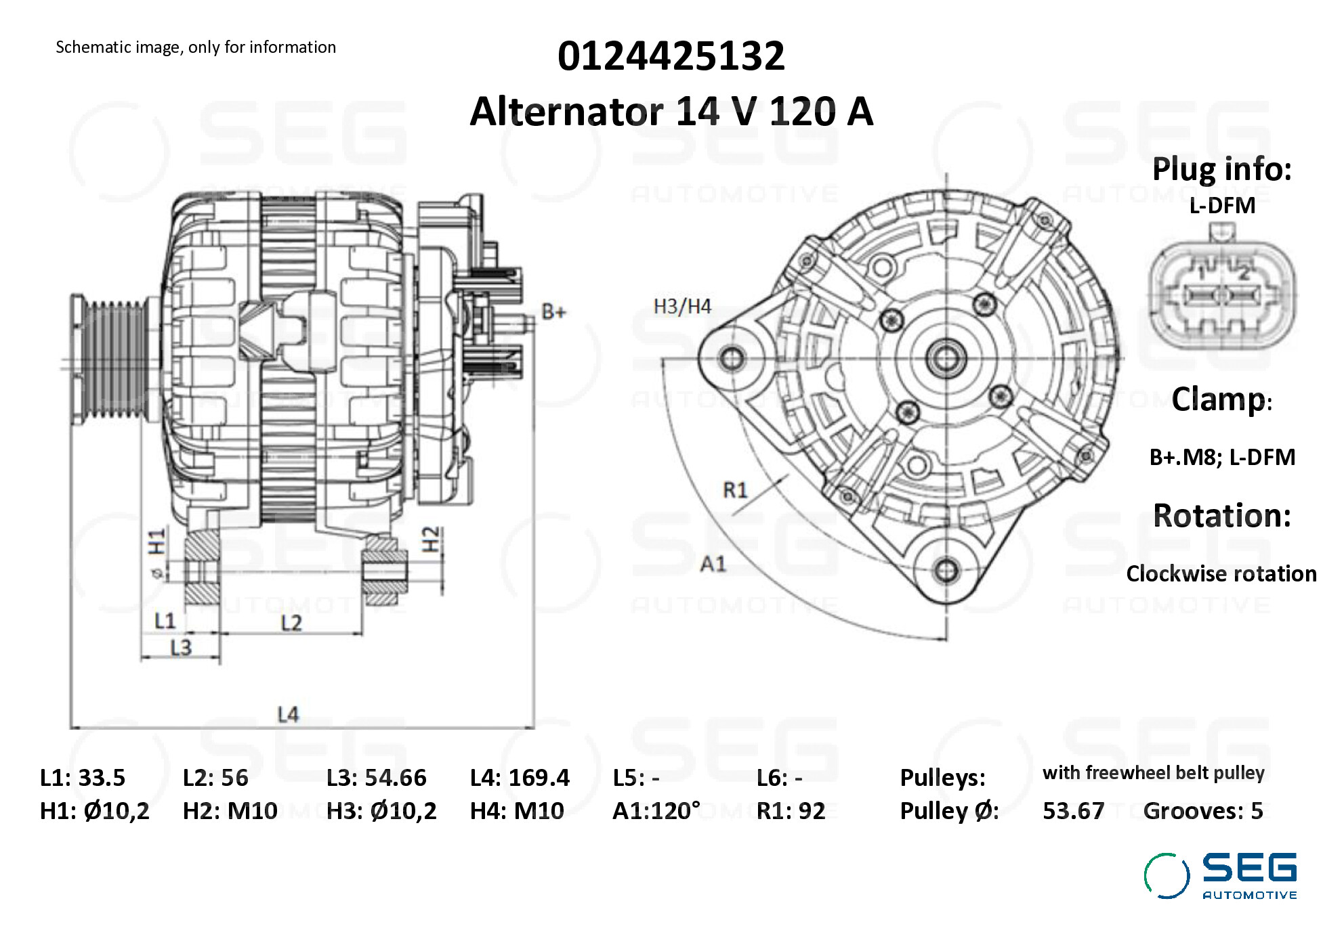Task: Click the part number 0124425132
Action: click(x=671, y=56)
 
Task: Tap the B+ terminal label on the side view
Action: click(x=553, y=312)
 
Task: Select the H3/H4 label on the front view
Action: click(x=681, y=307)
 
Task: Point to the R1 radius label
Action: click(x=735, y=489)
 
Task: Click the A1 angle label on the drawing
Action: click(x=713, y=563)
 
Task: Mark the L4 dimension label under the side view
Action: click(x=288, y=714)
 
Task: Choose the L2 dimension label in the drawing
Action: click(x=291, y=623)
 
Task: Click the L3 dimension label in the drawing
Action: click(x=181, y=648)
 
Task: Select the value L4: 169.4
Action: click(x=520, y=778)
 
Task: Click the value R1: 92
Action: click(x=791, y=810)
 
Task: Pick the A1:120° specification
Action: click(x=656, y=810)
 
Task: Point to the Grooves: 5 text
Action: click(x=1202, y=810)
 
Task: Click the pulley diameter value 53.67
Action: click(x=1073, y=810)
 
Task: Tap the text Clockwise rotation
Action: click(x=1221, y=573)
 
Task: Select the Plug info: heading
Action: click(x=1221, y=169)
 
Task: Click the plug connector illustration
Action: click(x=1222, y=291)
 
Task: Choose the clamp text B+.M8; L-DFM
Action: click(x=1221, y=457)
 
